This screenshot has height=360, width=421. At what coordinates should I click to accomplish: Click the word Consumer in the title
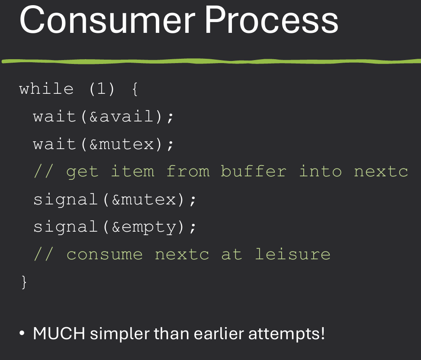click(x=106, y=20)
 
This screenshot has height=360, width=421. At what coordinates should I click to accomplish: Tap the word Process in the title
click(x=271, y=20)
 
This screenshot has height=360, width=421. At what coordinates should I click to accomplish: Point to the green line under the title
click(x=210, y=61)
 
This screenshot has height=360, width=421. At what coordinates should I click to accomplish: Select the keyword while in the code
click(x=46, y=89)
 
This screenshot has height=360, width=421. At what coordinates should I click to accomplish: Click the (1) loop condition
click(x=102, y=89)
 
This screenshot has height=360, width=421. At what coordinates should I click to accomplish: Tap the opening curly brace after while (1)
click(x=134, y=89)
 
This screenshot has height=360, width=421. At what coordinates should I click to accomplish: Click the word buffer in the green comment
click(x=254, y=172)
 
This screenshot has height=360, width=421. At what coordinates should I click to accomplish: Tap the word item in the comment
click(x=132, y=172)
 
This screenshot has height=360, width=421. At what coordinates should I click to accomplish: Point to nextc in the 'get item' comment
click(x=381, y=172)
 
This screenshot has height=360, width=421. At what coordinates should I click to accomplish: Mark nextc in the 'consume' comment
click(x=182, y=255)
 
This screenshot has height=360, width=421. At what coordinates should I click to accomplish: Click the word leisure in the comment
click(x=292, y=255)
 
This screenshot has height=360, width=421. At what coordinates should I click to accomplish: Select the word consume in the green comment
click(x=104, y=255)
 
